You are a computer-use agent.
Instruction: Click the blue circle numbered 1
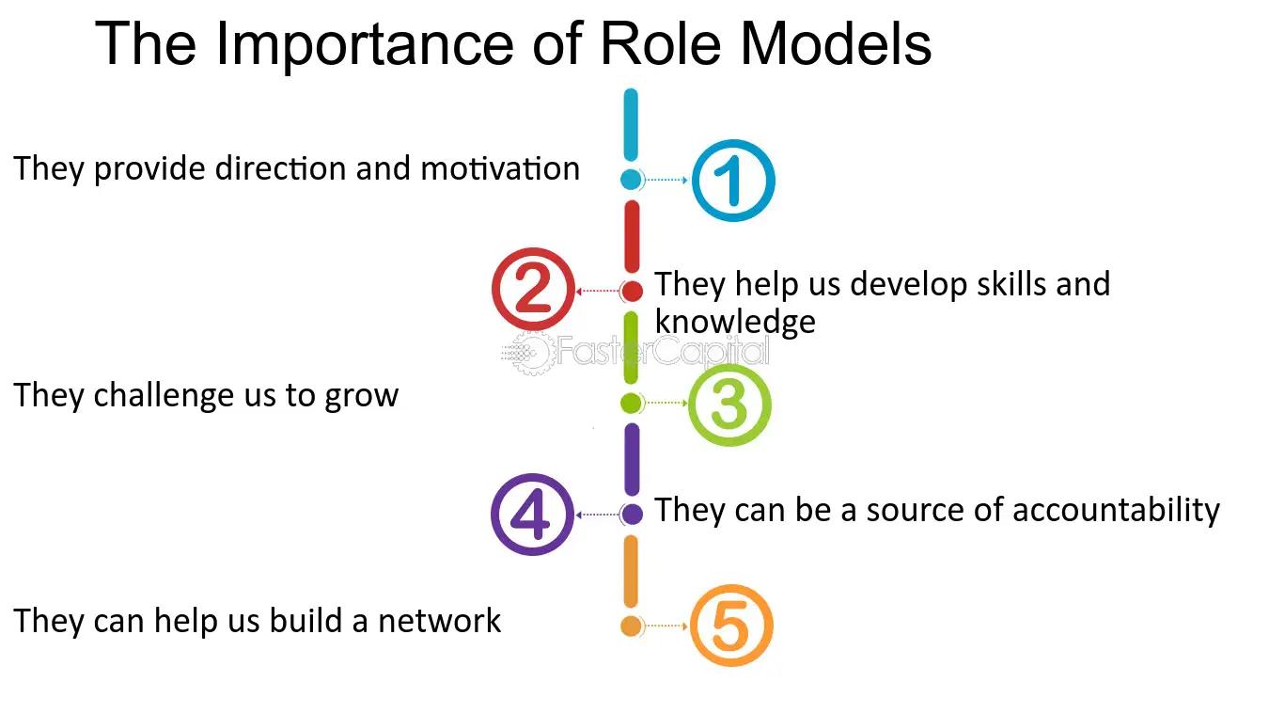[x=732, y=180]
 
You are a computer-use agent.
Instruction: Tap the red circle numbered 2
[x=533, y=291]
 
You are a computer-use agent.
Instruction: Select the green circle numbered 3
[x=729, y=404]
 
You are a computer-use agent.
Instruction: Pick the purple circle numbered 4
[x=532, y=515]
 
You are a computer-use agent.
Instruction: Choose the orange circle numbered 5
[x=730, y=627]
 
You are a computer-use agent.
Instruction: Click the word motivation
[x=500, y=169]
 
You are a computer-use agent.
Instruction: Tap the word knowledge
[x=735, y=322]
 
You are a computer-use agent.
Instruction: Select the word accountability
[x=1116, y=510]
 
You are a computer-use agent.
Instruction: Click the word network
[x=440, y=621]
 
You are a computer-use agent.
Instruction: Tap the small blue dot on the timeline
[x=631, y=179]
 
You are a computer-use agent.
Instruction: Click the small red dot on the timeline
[x=632, y=291]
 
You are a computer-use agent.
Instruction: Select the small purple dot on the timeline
[x=632, y=514]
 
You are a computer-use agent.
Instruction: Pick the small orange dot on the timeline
[x=631, y=626]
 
